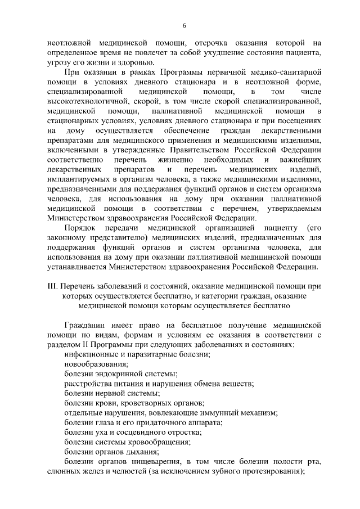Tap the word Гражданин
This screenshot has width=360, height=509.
coord(84,325)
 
